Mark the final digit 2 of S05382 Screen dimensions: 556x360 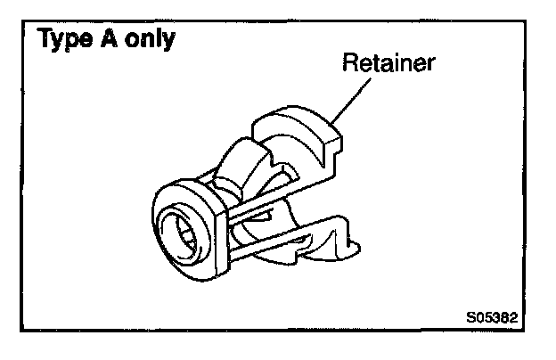(x=513, y=315)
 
